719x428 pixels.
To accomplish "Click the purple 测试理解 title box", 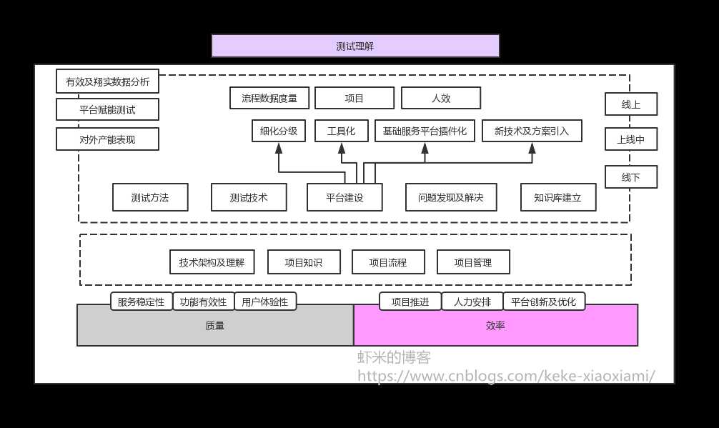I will click(355, 46).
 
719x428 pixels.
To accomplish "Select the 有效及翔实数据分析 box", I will click(107, 81).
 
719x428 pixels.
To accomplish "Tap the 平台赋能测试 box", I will click(107, 110).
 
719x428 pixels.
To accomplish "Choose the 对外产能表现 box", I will click(107, 139).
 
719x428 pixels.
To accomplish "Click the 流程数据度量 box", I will click(269, 98).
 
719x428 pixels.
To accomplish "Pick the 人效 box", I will click(441, 98).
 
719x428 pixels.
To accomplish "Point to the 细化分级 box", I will click(279, 131).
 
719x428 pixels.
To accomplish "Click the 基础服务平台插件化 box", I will click(425, 131).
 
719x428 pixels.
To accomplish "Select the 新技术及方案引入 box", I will click(532, 131).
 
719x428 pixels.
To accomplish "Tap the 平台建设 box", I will click(344, 197).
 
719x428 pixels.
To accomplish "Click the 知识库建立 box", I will click(558, 197).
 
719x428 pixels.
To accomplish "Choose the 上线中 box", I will click(630, 139).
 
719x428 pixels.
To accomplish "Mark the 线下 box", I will click(630, 176).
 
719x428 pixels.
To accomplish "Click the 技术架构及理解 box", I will click(212, 262).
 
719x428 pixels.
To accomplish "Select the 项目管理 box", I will click(473, 262).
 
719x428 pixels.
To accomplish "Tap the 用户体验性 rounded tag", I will click(265, 302).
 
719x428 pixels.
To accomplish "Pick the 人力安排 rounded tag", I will click(472, 302).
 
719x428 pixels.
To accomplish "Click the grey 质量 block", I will click(215, 325).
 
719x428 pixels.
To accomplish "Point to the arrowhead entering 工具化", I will click(342, 148).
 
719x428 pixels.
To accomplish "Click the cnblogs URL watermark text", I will click(506, 375).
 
